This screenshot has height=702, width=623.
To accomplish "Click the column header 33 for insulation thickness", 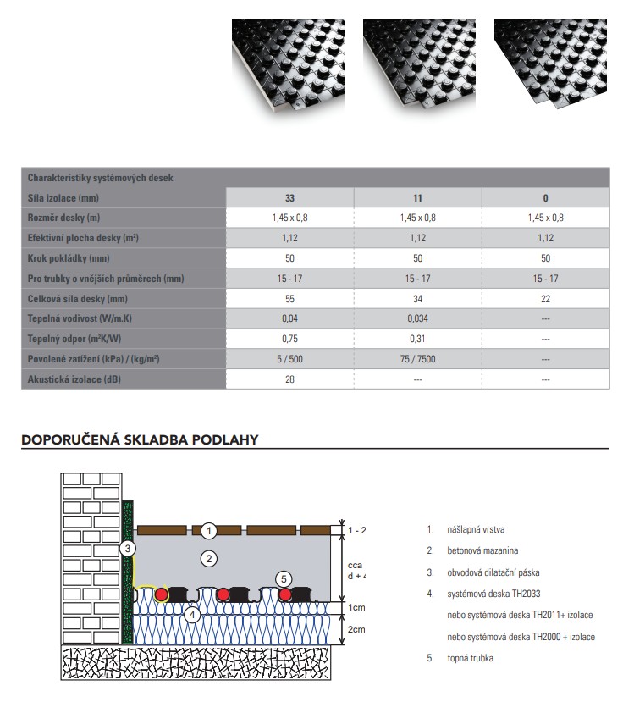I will point(289,198).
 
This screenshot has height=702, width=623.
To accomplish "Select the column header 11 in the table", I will point(417,198).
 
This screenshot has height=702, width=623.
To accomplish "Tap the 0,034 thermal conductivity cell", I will point(417,318).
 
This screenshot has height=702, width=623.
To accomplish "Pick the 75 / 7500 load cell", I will point(417,359).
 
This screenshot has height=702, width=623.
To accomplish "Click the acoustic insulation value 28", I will point(289,379).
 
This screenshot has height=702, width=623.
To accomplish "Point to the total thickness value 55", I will point(289,299).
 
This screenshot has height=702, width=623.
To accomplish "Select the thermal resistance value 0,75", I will point(289,339).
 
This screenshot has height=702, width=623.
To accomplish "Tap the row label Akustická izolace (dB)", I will point(77,379).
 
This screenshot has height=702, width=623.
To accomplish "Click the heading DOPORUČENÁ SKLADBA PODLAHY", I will point(140,439).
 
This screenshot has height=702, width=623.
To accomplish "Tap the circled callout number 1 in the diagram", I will point(210,531).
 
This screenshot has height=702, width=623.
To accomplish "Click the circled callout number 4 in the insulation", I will point(192,615).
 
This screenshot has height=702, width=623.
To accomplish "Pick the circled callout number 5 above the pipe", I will point(285,578).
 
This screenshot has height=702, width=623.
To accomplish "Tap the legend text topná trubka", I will point(471,658).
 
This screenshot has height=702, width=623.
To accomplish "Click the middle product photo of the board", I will point(417,68).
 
